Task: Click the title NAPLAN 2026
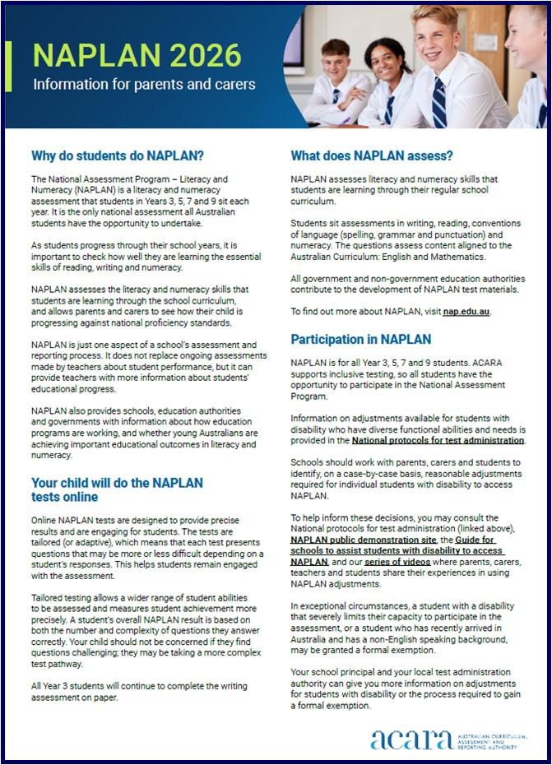coord(137,54)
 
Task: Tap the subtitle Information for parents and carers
coord(144,84)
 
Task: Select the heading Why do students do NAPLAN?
coord(118,155)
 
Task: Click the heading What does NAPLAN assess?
coord(372,155)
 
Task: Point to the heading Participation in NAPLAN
coord(361,339)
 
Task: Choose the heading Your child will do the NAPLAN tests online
coord(117,489)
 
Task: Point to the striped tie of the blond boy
coord(439,102)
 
